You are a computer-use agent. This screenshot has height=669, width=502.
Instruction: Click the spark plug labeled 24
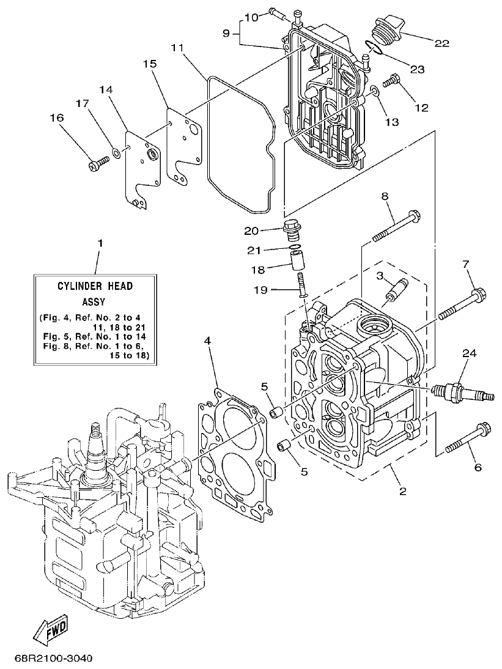tap(462, 392)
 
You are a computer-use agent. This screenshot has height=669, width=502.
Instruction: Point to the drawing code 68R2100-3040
tap(53, 659)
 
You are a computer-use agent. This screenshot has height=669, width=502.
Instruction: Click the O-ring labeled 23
tap(374, 48)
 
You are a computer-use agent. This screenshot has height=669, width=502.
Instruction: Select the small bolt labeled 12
tap(391, 81)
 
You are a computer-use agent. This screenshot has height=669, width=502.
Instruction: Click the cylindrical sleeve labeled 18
tap(297, 262)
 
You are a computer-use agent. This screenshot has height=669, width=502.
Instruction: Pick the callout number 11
tap(177, 46)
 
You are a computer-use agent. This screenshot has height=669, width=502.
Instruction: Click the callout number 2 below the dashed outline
tap(403, 491)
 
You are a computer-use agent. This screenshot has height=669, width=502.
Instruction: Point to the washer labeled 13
tap(374, 93)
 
